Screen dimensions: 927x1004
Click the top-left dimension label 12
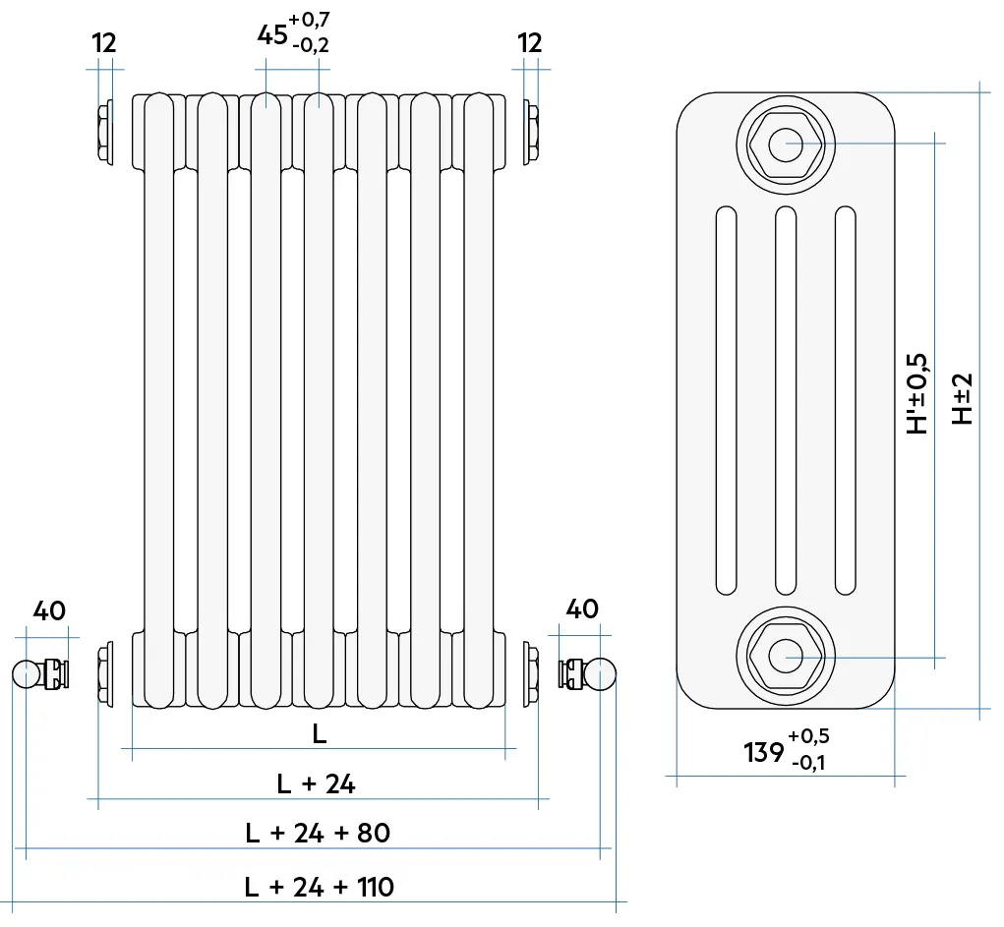(104, 43)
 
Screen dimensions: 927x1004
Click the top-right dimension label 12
(530, 43)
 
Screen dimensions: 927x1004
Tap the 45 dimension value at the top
(272, 35)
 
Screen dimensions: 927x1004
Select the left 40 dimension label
(49, 610)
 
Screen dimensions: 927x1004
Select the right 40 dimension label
(582, 609)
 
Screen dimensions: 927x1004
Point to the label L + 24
(316, 783)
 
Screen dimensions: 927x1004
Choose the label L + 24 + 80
(318, 834)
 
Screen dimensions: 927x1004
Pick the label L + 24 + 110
(319, 887)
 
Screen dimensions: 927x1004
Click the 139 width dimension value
(762, 753)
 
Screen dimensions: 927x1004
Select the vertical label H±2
(963, 398)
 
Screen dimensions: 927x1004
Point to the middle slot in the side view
(786, 401)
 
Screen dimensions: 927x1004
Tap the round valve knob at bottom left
(25, 674)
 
